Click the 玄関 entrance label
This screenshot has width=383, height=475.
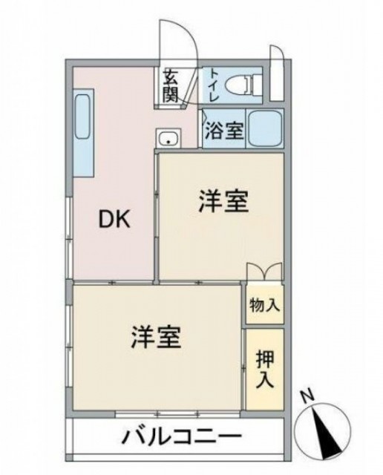tap(171, 86)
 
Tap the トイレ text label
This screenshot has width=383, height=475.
tap(215, 84)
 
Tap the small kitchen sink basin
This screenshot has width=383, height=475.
tap(168, 139)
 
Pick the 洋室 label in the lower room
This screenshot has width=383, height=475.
tap(157, 338)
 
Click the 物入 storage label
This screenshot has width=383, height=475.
tap(265, 305)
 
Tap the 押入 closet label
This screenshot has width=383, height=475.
tap(265, 369)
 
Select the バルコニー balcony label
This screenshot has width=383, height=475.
tap(181, 436)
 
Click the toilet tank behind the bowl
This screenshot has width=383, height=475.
tap(256, 85)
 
